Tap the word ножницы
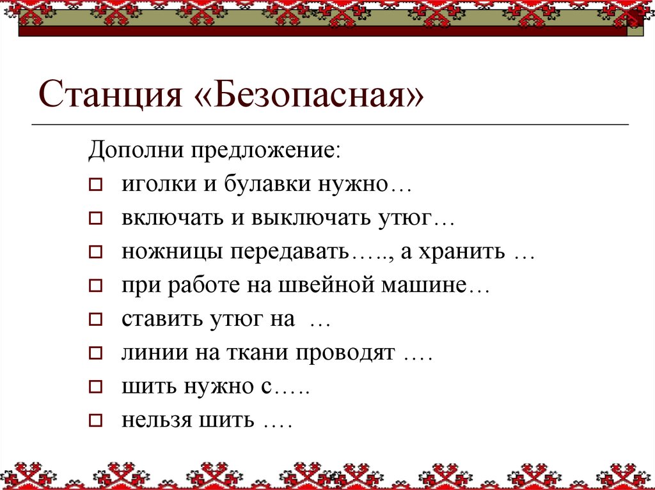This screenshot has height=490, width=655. [x=167, y=252]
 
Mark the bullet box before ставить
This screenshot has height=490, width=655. [x=95, y=319]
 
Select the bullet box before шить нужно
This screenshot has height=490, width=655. [x=95, y=386]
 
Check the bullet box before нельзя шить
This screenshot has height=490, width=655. [x=95, y=420]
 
